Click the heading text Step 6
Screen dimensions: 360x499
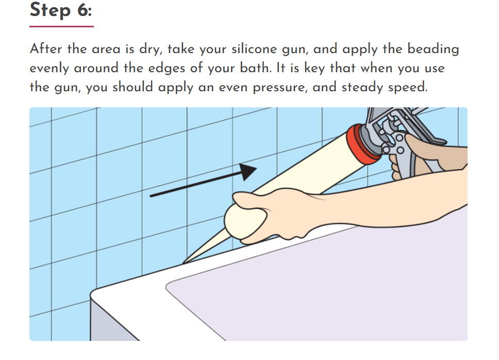[x=61, y=10]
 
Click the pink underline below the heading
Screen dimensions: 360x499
[x=61, y=26]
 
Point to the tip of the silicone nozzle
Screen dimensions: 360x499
[x=185, y=261]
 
